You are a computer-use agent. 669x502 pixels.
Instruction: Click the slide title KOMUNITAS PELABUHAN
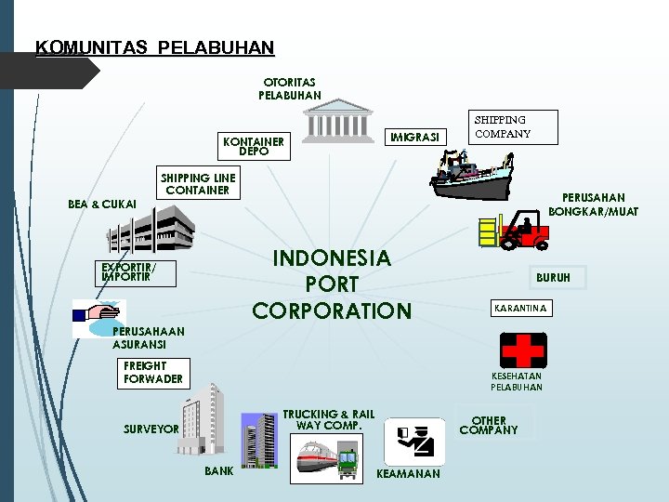[x=154, y=47]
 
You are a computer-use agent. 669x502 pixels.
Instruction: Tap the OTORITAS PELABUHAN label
[x=289, y=88]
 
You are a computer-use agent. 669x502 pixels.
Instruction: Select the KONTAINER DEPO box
[x=254, y=146]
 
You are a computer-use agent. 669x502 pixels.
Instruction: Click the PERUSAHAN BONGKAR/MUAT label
[x=593, y=205]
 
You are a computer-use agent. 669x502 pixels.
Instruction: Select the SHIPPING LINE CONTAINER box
[x=198, y=184]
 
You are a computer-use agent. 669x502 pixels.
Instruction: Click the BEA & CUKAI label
[x=102, y=204]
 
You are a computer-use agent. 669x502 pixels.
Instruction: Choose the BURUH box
[x=553, y=277]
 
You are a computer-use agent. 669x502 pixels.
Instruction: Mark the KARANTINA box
[x=520, y=307]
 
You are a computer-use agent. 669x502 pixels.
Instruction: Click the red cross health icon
[x=523, y=350]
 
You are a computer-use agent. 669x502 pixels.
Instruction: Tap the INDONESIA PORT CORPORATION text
[x=331, y=284]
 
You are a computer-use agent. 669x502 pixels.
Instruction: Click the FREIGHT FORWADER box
[x=153, y=373]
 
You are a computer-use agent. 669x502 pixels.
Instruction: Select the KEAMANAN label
[x=407, y=474]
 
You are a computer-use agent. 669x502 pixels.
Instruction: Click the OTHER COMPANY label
[x=489, y=426]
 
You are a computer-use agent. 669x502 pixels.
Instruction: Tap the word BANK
[x=219, y=471]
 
